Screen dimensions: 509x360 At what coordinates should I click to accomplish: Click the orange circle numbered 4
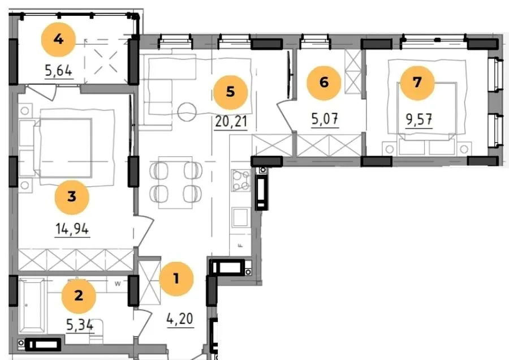pos(58,40)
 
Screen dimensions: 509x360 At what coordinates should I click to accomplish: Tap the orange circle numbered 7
pos(417,83)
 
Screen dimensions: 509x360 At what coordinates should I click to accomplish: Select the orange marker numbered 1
pos(176,278)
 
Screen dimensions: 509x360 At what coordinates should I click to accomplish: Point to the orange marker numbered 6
pos(324,83)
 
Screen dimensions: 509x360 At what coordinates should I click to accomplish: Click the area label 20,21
pos(231,122)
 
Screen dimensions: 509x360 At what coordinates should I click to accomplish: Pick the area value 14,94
pos(72,229)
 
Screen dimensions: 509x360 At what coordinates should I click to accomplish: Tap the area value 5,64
pos(59,71)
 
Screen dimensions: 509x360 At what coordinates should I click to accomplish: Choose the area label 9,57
pos(419,119)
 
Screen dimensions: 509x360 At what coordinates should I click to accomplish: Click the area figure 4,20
pos(180,319)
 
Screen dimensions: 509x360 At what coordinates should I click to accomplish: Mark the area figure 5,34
pos(80,324)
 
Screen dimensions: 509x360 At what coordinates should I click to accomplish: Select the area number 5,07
pos(325,119)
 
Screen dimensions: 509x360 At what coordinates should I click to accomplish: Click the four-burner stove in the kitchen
pos(240,181)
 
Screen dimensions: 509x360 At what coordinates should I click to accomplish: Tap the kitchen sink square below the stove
pos(240,217)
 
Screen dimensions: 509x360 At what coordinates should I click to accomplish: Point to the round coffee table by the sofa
pos(187,112)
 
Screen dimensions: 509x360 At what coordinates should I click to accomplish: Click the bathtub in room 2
pos(32,306)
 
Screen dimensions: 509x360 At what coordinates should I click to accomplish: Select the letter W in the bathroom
pos(118,284)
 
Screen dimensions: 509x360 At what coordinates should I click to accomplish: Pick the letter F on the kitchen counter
pos(240,246)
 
